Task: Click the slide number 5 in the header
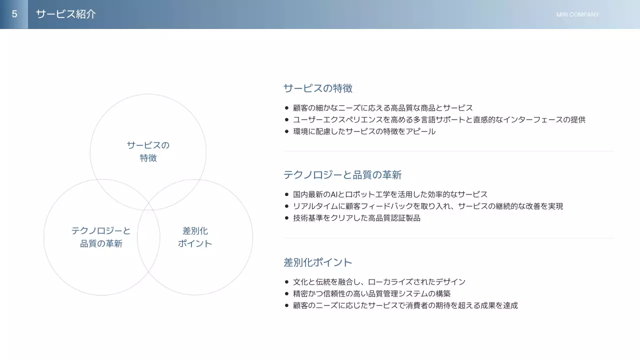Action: (14, 14)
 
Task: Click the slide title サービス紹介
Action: (65, 14)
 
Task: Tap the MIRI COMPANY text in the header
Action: (577, 14)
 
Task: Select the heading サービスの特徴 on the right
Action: (317, 88)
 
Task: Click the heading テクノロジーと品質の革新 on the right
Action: (342, 175)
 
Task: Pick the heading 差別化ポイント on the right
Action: (317, 262)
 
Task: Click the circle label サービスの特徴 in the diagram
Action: (148, 151)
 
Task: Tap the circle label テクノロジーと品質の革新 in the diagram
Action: (101, 237)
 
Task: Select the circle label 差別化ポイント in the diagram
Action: (195, 237)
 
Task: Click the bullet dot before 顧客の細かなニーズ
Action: (286, 108)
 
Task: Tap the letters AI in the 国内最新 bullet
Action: (334, 194)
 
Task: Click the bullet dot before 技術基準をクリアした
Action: (286, 218)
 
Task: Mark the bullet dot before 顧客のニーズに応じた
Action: (286, 305)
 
